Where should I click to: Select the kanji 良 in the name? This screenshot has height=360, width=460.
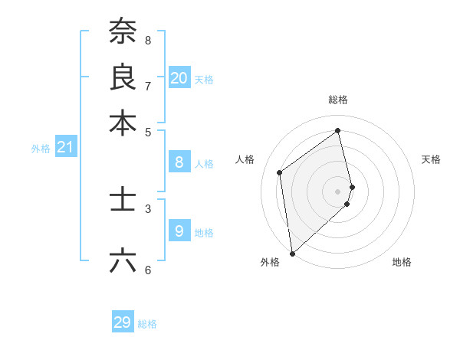click(x=123, y=77)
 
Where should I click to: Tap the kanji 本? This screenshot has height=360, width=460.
click(x=123, y=123)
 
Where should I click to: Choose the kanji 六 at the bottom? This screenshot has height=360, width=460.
click(x=123, y=260)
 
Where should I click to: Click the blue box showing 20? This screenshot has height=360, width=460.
click(x=179, y=77)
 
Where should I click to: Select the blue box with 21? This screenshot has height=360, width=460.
click(x=65, y=147)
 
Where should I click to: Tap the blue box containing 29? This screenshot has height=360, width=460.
click(x=123, y=322)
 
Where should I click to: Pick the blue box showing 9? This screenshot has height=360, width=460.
click(x=179, y=231)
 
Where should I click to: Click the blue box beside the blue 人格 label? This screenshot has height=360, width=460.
click(x=179, y=162)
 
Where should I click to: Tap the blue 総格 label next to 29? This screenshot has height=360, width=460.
click(x=147, y=324)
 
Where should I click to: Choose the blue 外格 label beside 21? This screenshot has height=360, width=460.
click(x=41, y=149)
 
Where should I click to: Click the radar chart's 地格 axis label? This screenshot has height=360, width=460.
click(x=402, y=262)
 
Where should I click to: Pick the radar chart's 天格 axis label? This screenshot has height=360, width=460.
click(x=431, y=159)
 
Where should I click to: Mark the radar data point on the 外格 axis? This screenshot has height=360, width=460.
click(x=292, y=253)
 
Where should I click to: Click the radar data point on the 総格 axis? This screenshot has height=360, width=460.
click(x=338, y=130)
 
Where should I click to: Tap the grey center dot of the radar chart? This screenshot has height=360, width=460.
click(x=338, y=190)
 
